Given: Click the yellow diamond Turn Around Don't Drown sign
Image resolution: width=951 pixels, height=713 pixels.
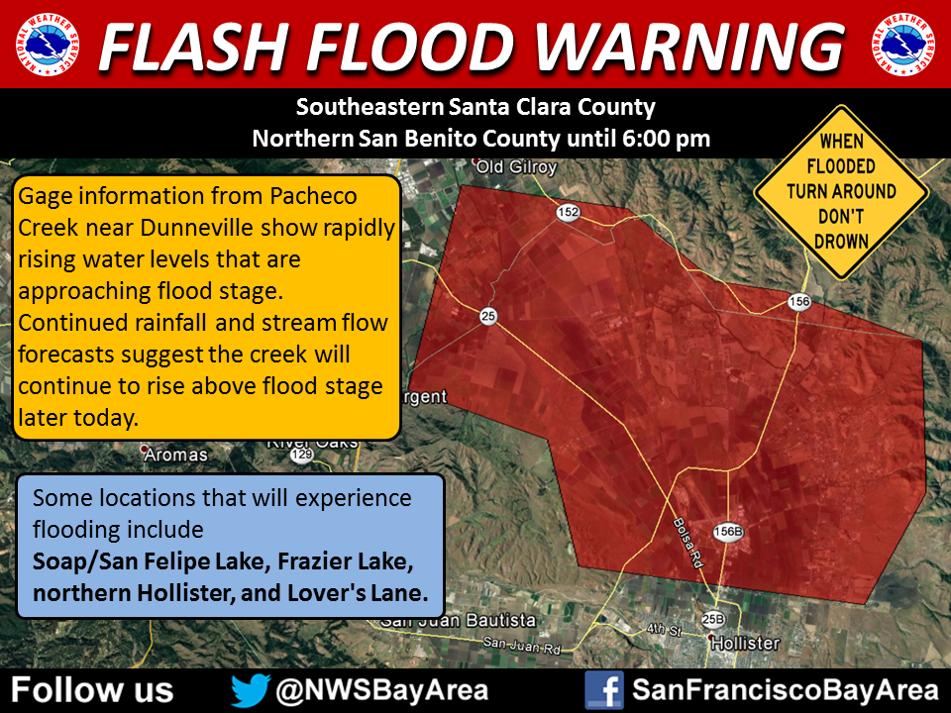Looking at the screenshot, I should pyautogui.click(x=840, y=191).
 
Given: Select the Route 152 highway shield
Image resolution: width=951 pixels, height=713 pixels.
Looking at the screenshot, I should pyautogui.click(x=568, y=213).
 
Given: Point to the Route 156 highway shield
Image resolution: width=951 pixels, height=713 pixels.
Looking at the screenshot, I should pyautogui.click(x=799, y=301).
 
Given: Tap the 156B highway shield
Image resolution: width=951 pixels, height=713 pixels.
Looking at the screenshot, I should pyautogui.click(x=728, y=532).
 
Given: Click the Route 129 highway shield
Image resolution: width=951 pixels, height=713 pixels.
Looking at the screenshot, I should pyautogui.click(x=302, y=455).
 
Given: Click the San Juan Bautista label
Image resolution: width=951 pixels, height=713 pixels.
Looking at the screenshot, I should pyautogui.click(x=459, y=621).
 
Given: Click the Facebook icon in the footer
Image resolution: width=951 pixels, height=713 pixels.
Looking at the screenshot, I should pyautogui.click(x=603, y=689).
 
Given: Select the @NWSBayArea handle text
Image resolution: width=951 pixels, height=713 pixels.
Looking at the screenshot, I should pyautogui.click(x=382, y=689).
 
